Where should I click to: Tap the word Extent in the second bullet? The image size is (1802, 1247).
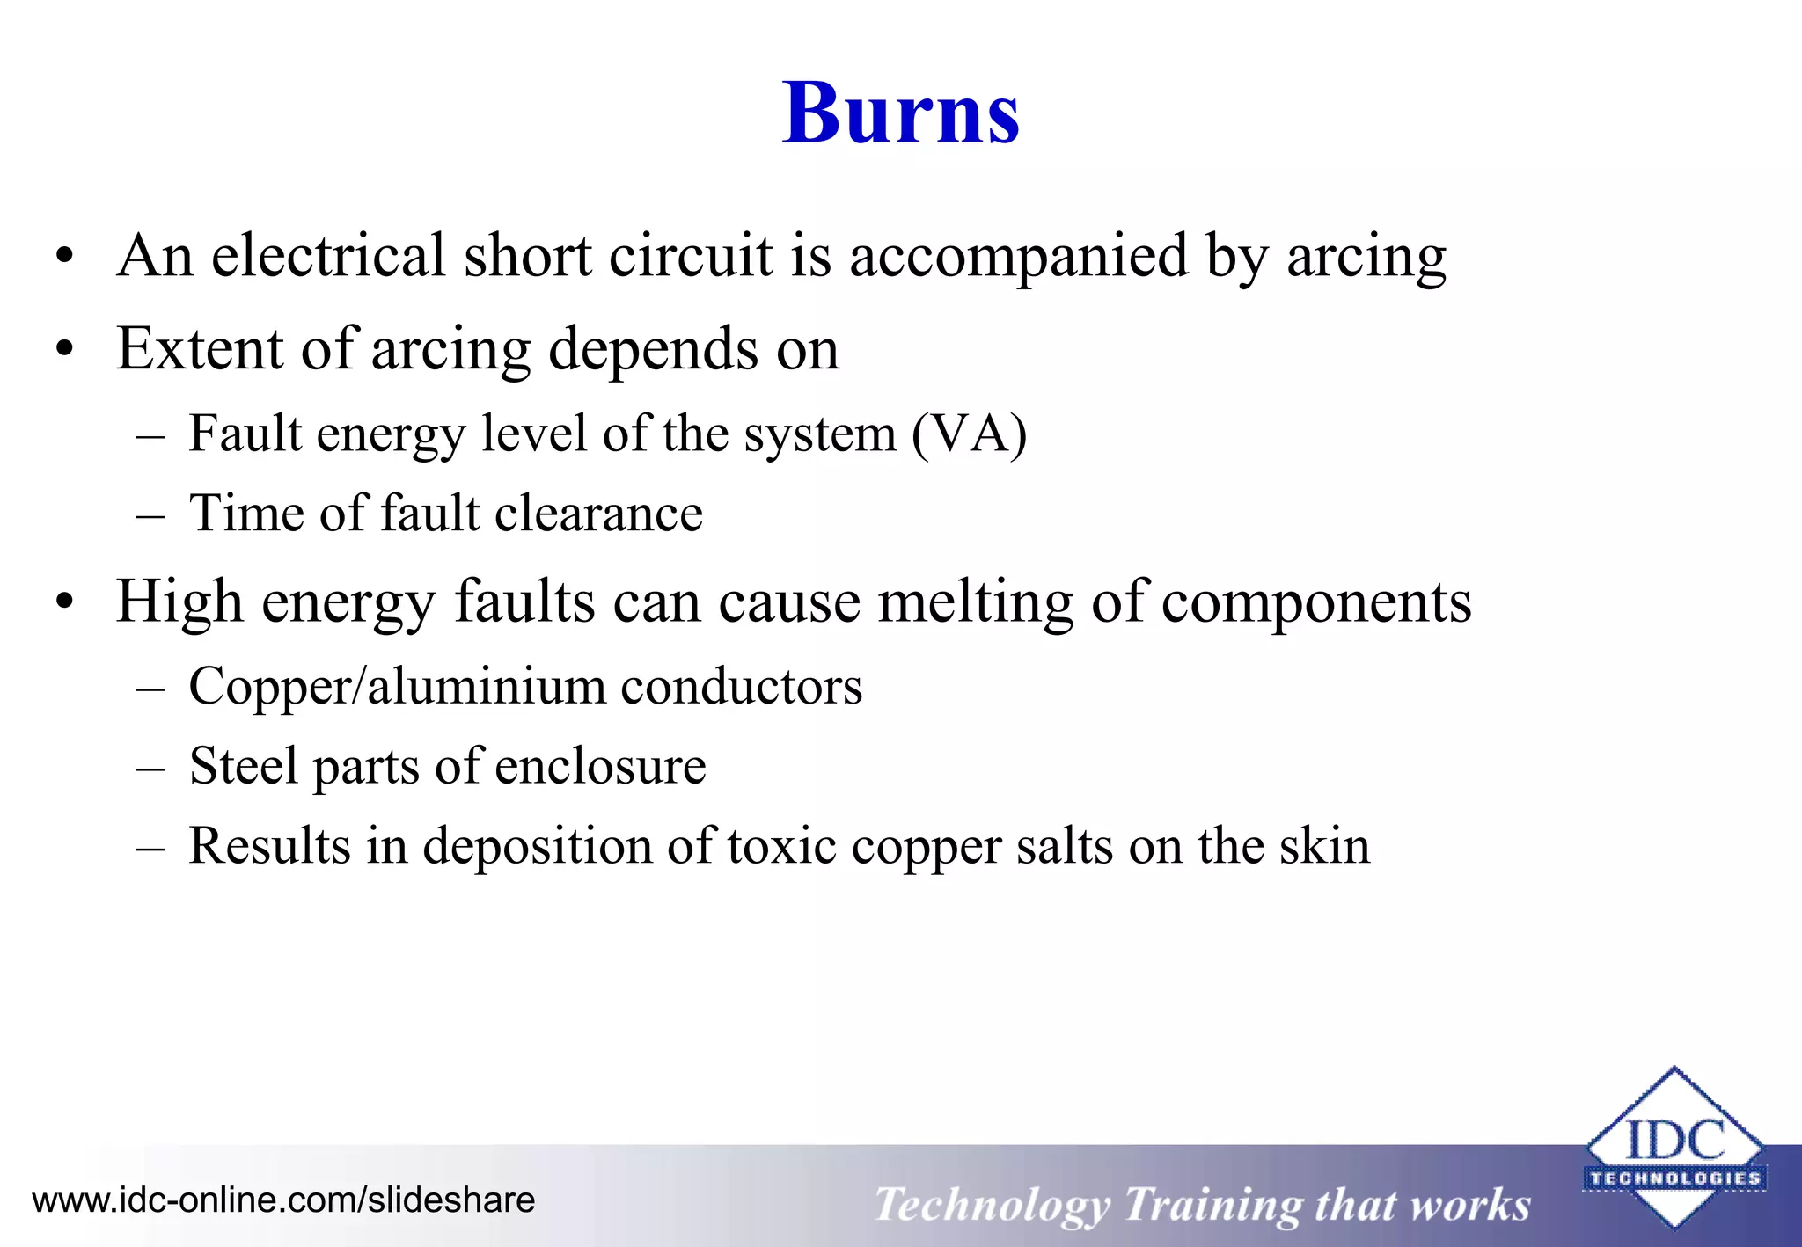click(x=201, y=348)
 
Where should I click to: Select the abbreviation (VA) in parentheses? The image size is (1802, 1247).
click(x=969, y=434)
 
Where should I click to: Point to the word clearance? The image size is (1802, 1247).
click(x=598, y=514)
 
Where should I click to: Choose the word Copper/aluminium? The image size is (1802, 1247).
click(x=397, y=687)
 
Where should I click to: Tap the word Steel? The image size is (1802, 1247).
click(x=244, y=766)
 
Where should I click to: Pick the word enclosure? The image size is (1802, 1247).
click(x=600, y=766)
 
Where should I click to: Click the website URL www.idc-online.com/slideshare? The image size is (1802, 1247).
click(x=283, y=1200)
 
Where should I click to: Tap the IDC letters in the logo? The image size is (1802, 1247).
click(x=1675, y=1141)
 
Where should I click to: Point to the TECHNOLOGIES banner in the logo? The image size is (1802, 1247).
click(x=1675, y=1178)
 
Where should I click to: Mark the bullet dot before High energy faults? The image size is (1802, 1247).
click(x=64, y=604)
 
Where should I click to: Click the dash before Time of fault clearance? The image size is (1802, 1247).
click(x=150, y=514)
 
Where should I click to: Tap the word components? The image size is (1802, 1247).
click(x=1316, y=603)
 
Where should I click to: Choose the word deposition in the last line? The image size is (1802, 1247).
click(x=537, y=846)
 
